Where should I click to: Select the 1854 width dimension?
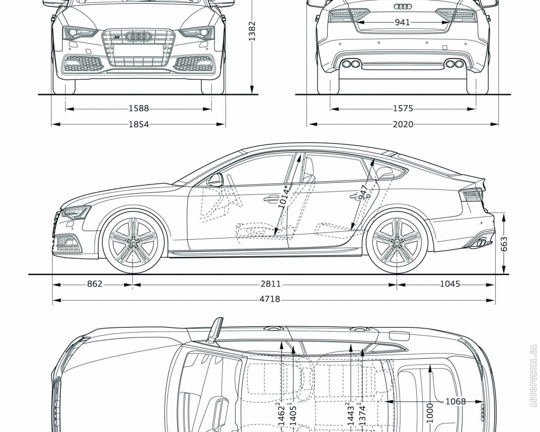click(138, 124)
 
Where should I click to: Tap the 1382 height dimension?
click(252, 32)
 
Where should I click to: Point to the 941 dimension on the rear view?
click(402, 22)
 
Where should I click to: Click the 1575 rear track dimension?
click(402, 109)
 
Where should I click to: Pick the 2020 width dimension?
click(402, 124)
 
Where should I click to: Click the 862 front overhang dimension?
click(95, 284)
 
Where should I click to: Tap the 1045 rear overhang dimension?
click(450, 284)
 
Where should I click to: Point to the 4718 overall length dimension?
click(270, 299)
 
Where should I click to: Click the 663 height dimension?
click(504, 244)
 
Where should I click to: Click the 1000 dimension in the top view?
click(429, 411)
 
